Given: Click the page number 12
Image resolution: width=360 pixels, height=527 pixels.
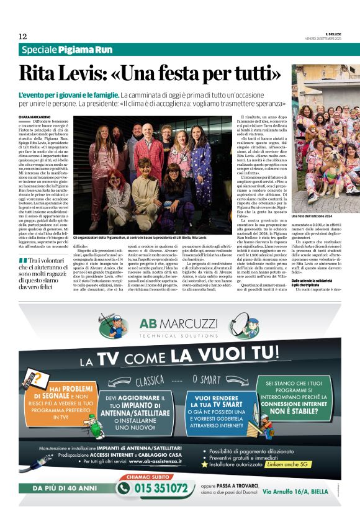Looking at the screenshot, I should (x=22, y=36).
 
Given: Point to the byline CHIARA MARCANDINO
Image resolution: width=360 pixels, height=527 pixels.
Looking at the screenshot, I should (x=34, y=116).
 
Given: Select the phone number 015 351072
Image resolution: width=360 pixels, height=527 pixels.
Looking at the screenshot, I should (x=161, y=489).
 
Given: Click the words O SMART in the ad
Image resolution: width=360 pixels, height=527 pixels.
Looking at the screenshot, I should (x=210, y=378).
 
